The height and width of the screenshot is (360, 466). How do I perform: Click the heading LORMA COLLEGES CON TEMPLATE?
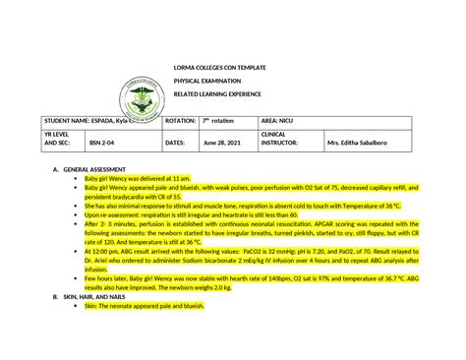[219, 66]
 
